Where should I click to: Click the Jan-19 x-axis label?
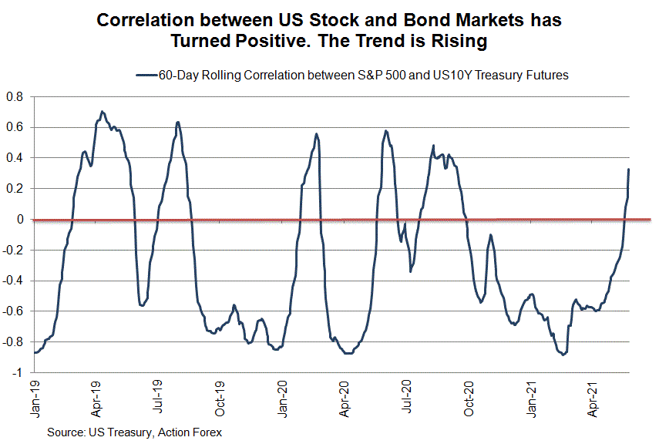(34, 397)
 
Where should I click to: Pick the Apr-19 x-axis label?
(96, 397)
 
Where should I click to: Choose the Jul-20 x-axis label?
(408, 397)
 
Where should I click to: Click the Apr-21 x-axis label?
(595, 397)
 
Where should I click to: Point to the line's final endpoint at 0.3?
(629, 170)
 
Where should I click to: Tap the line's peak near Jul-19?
(177, 122)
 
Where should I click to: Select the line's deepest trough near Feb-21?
(564, 355)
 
